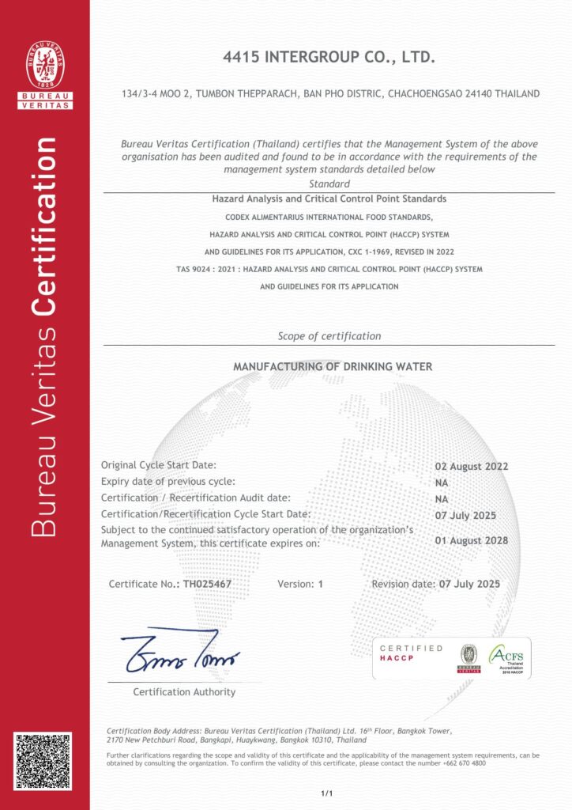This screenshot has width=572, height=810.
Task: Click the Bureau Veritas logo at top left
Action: pos(45,74)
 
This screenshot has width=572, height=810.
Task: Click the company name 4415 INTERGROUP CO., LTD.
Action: pos(329,59)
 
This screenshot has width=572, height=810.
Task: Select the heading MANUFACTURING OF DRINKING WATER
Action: pos(333,367)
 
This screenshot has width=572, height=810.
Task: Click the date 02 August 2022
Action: pos(472,466)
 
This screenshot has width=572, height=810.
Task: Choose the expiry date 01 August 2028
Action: pos(472,540)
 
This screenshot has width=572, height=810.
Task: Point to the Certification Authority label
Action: pos(184,692)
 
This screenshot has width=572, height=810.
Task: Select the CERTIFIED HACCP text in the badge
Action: pos(411,653)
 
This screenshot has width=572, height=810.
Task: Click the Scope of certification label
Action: pos(329,336)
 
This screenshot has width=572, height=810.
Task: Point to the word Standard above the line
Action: pos(329,184)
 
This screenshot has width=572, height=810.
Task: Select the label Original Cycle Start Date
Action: pos(158,465)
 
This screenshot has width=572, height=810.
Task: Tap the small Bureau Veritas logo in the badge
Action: pos(469,658)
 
